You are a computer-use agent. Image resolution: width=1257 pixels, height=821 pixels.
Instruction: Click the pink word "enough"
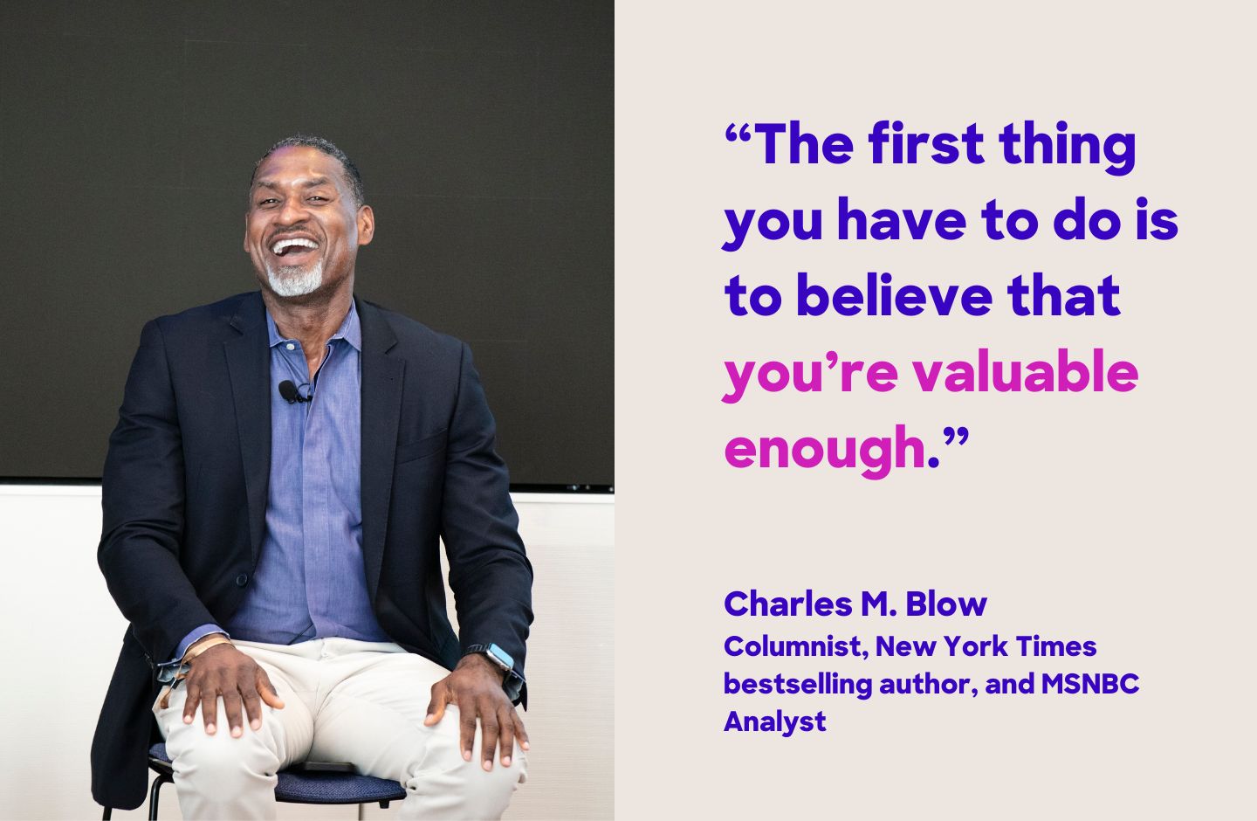coord(824,447)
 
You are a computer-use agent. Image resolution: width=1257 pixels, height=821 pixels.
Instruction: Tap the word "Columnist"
coord(794,647)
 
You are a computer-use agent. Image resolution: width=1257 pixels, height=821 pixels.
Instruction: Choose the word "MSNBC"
coord(1090,683)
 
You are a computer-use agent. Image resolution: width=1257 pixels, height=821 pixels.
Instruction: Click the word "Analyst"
coord(774,721)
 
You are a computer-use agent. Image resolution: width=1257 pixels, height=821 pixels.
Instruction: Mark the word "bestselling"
coord(798,683)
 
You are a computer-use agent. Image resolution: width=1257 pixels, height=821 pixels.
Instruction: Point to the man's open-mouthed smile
coord(295,246)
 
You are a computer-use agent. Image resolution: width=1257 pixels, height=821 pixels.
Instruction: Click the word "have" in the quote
coord(902,220)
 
